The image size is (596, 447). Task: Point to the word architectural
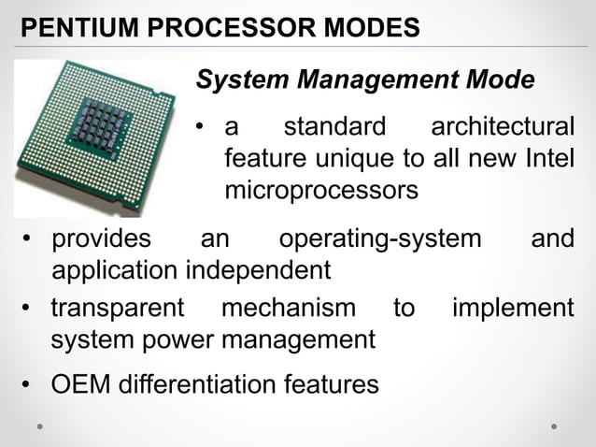point(502,126)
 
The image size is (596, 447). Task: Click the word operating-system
point(380,239)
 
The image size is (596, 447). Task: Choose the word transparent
point(118,308)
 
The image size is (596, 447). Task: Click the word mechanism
point(288,308)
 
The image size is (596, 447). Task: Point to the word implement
point(513,308)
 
